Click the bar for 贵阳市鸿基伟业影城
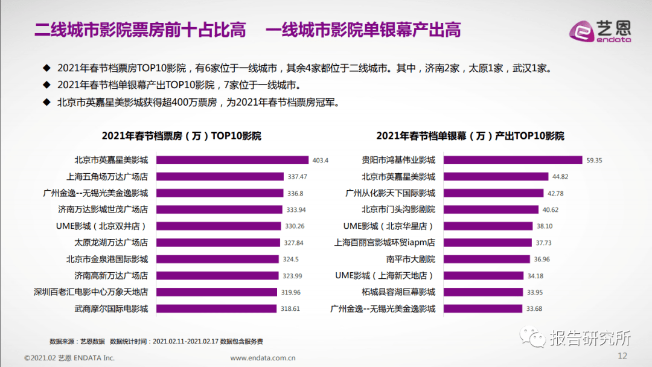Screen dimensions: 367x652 pos(513,160)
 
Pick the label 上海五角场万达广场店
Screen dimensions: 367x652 pos(107,177)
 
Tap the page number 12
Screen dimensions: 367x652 pos(623,356)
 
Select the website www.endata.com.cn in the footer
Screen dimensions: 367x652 pos(263,357)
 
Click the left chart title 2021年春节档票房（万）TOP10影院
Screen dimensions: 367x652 pos(181,136)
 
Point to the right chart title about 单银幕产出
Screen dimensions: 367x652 pos(470,136)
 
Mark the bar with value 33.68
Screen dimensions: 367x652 pos(483,308)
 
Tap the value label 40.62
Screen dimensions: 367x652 pos(551,210)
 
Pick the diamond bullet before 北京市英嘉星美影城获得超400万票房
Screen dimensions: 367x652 pos(46,102)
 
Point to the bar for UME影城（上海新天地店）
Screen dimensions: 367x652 pos(484,276)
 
